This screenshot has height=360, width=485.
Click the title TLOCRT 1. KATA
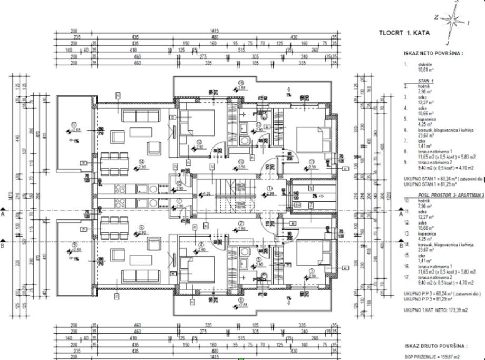(404, 33)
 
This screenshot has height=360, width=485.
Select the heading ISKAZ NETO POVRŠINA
(433, 53)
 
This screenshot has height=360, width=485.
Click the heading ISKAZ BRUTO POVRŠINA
(435, 346)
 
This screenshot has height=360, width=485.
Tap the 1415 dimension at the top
(215, 31)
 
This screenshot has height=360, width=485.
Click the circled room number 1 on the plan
(269, 188)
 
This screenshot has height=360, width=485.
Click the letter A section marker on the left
(3, 215)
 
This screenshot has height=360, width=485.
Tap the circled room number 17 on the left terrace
(74, 124)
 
